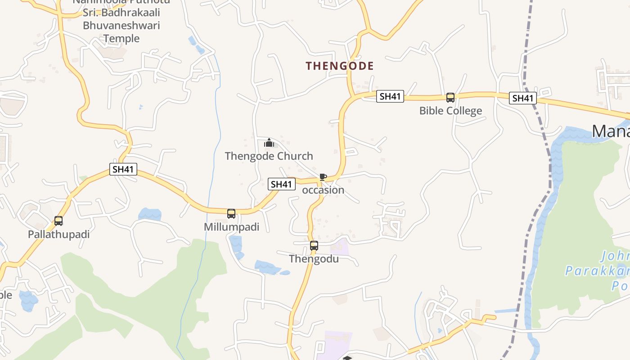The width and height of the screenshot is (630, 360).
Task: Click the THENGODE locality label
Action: pyautogui.click(x=340, y=66)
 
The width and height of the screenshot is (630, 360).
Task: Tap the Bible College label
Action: pyautogui.click(x=450, y=111)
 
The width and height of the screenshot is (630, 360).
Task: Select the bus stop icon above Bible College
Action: pyautogui.click(x=450, y=97)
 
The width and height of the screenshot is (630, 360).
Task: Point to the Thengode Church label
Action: pyautogui.click(x=269, y=156)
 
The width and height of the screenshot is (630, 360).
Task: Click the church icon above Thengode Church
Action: pyautogui.click(x=269, y=143)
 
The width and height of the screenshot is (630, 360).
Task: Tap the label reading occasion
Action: pyautogui.click(x=323, y=190)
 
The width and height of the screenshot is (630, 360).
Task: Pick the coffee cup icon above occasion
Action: pyautogui.click(x=323, y=177)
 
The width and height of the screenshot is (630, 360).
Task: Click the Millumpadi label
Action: pyautogui.click(x=232, y=227)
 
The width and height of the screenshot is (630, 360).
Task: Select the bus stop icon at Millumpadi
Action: pyautogui.click(x=231, y=213)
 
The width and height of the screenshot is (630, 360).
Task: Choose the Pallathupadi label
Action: pyautogui.click(x=58, y=234)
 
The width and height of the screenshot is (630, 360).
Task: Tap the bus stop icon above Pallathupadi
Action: pyautogui.click(x=58, y=221)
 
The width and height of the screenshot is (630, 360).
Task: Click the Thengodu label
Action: pyautogui.click(x=314, y=259)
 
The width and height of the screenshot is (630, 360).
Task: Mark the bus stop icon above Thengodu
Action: pyautogui.click(x=314, y=246)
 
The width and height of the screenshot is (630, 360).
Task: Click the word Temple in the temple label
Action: pyautogui.click(x=121, y=39)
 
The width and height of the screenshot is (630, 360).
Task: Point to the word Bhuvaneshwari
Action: pyautogui.click(x=121, y=25)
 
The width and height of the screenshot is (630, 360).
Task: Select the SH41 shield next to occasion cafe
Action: pyautogui.click(x=282, y=184)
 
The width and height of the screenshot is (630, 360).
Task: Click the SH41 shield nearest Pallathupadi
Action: pyautogui.click(x=123, y=170)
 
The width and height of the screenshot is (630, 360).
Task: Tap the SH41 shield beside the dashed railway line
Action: pyautogui.click(x=522, y=98)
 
